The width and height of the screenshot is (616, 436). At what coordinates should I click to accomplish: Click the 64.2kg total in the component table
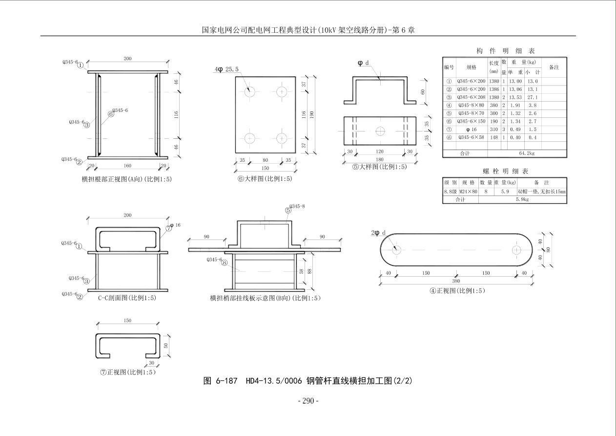click(x=527, y=153)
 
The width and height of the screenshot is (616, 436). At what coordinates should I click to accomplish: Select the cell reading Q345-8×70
click(x=471, y=113)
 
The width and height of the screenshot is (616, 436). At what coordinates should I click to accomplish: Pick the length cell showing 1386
click(x=493, y=89)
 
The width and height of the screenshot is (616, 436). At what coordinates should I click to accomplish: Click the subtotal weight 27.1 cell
click(x=532, y=97)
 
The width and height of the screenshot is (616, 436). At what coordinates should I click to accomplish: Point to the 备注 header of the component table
click(x=554, y=67)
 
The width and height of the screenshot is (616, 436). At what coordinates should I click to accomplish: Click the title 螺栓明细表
click(x=505, y=171)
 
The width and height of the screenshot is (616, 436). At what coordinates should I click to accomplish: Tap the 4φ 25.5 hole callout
click(x=227, y=70)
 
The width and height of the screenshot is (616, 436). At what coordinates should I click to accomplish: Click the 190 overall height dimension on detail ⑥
click(x=312, y=114)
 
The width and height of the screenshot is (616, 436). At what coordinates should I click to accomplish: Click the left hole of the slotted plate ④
click(x=396, y=250)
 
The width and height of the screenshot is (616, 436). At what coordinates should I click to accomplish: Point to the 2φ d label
click(x=379, y=233)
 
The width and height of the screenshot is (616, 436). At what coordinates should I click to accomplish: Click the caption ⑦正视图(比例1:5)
click(x=128, y=372)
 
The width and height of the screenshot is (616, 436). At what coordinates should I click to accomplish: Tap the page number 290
click(x=308, y=401)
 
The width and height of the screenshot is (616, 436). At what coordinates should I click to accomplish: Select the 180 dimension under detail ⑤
click(x=380, y=159)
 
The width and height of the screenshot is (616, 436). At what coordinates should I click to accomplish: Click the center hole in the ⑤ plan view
click(x=380, y=131)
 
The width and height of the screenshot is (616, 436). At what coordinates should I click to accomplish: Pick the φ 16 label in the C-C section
click(x=175, y=225)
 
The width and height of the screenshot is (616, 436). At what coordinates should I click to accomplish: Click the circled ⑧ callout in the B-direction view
click(x=224, y=262)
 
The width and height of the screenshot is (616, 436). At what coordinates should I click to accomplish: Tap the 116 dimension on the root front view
click(x=176, y=114)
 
